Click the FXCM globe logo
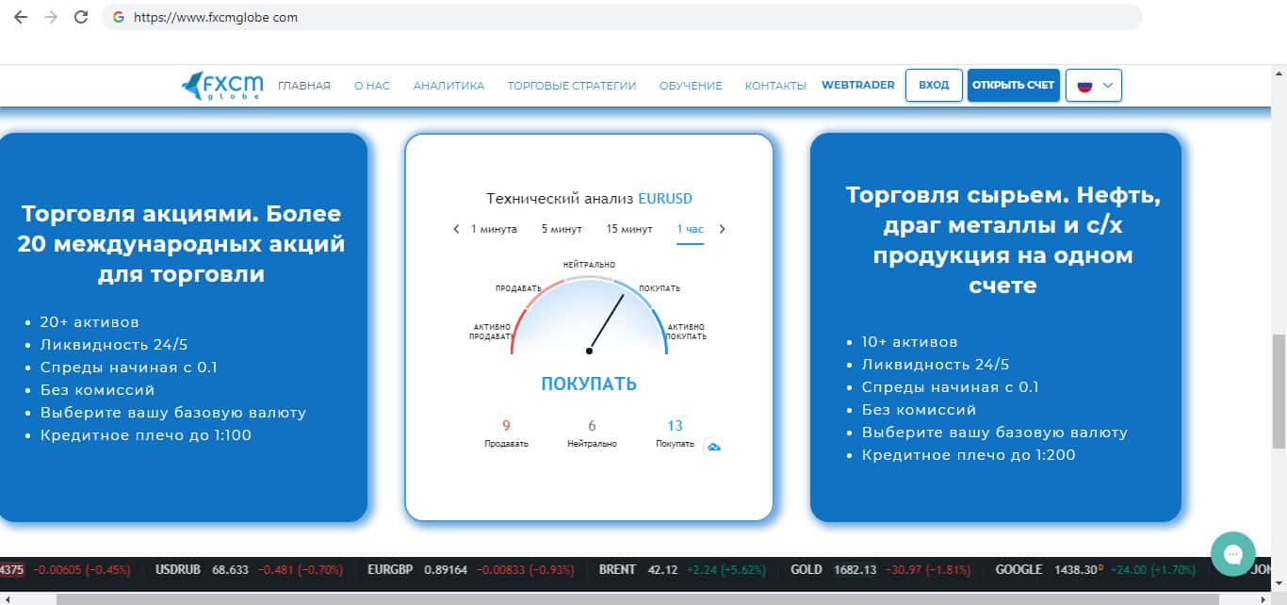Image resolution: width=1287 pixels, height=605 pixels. [x=222, y=86]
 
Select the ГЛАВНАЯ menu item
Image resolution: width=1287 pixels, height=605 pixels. [x=304, y=86]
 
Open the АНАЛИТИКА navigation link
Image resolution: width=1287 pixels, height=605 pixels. [x=448, y=86]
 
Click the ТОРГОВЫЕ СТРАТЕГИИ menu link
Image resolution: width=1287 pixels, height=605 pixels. [x=572, y=86]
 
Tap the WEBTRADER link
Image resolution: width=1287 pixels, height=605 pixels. [x=857, y=85]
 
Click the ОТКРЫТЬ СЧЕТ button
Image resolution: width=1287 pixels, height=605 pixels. [x=1014, y=85]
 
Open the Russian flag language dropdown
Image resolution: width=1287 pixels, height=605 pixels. [x=1093, y=86]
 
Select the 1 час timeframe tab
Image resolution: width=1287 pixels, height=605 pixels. [x=690, y=229]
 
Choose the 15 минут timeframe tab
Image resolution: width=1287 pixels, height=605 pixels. [x=629, y=229]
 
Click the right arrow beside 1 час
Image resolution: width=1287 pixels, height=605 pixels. [x=723, y=229]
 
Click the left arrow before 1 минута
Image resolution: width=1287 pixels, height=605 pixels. [x=456, y=229]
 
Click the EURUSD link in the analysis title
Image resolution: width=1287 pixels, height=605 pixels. [x=665, y=199]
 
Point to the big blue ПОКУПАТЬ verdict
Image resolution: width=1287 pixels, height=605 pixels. [x=589, y=384]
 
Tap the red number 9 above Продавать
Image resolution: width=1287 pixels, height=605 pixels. [x=506, y=425]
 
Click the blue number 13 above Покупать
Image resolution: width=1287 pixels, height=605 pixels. [x=675, y=425]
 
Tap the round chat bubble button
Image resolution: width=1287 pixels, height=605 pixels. [x=1233, y=554]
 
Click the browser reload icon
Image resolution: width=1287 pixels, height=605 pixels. [x=81, y=17]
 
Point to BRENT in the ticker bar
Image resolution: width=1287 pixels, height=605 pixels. [x=617, y=569]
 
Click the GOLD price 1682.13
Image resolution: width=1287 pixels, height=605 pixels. [x=855, y=569]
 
